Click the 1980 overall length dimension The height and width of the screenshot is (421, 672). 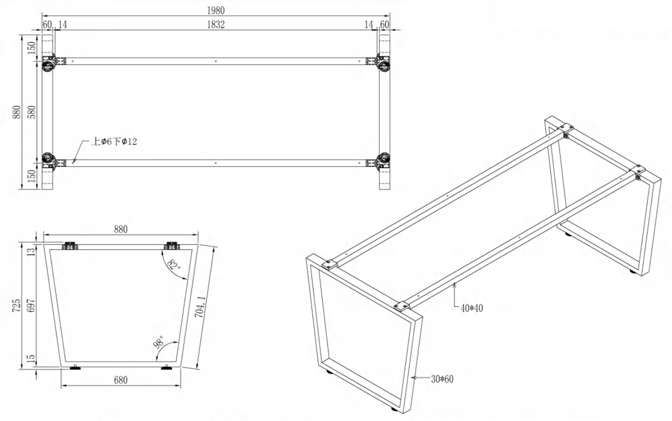point(216,11)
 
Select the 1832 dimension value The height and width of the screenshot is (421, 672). point(216,24)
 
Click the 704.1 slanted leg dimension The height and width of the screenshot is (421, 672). point(201,306)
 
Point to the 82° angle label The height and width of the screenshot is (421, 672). point(174,265)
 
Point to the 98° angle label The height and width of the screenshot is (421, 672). point(159,342)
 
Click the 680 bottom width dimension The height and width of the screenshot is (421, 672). point(121,380)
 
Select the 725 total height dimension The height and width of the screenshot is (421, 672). point(17,305)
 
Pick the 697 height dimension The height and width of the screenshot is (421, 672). point(31,305)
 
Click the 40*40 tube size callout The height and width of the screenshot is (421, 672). point(472,308)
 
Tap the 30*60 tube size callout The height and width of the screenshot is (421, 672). point(442,379)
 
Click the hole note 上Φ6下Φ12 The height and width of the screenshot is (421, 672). point(114,142)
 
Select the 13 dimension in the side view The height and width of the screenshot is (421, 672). point(31,251)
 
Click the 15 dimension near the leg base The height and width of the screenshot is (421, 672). point(31,358)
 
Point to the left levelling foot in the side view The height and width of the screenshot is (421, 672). point(75,368)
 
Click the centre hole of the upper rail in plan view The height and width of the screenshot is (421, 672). point(216,61)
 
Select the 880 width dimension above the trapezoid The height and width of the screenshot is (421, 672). point(121,230)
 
